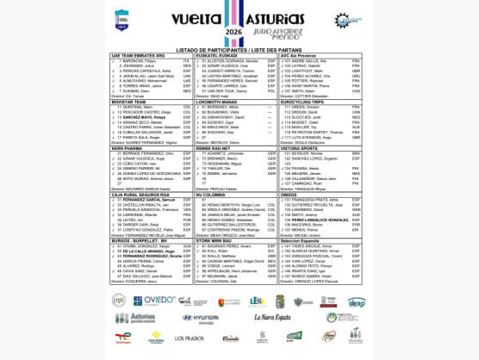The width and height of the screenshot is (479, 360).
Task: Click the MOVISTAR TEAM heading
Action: [128, 101]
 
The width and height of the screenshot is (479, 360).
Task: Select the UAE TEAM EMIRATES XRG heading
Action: [137, 55]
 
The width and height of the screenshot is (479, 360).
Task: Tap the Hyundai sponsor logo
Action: [200, 318]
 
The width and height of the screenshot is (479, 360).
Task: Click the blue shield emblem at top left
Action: [121, 18]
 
